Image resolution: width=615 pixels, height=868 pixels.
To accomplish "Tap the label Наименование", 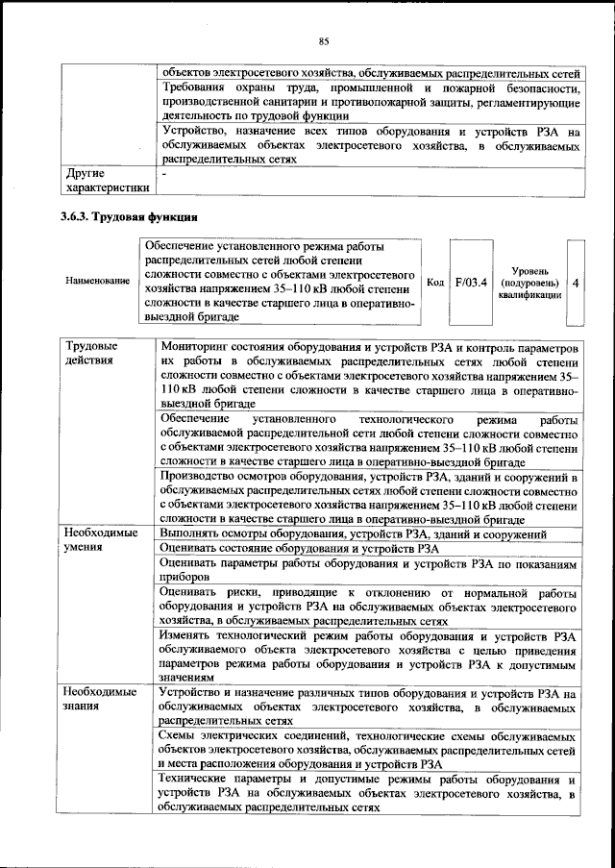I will pyautogui.click(x=97, y=281).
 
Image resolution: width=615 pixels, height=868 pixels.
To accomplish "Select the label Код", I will pyautogui.click(x=434, y=282).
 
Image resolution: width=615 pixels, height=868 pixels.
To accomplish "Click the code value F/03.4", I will pyautogui.click(x=471, y=282).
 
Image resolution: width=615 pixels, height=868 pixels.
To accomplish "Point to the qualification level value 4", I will pyautogui.click(x=575, y=283).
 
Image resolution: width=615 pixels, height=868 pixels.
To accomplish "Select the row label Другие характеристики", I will pyautogui.click(x=105, y=181).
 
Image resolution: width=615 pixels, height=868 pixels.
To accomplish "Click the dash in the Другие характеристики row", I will pyautogui.click(x=164, y=174).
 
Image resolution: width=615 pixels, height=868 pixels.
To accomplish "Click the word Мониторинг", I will pyautogui.click(x=198, y=344).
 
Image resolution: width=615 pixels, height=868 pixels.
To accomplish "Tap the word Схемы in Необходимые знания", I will pyautogui.click(x=180, y=735).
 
